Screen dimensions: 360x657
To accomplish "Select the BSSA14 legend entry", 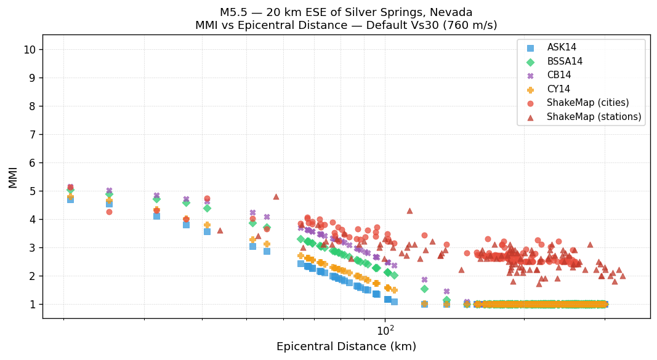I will [565, 62].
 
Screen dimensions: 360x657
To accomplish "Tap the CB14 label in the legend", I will [558, 75].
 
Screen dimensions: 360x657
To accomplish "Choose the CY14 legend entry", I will [558, 89].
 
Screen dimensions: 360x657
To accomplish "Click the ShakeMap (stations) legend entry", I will [594, 117].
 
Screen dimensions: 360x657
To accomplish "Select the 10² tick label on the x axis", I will [385, 330].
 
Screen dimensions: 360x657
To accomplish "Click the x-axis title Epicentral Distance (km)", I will [346, 346].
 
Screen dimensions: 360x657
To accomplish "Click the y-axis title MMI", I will [13, 177].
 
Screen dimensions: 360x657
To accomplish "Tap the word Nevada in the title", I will [451, 12].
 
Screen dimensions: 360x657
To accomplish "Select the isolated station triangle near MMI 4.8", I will [276, 197].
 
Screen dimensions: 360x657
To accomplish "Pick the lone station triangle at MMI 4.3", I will [409, 211].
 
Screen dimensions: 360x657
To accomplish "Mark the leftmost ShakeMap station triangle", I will [220, 231].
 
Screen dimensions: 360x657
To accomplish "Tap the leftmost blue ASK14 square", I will [70, 199].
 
